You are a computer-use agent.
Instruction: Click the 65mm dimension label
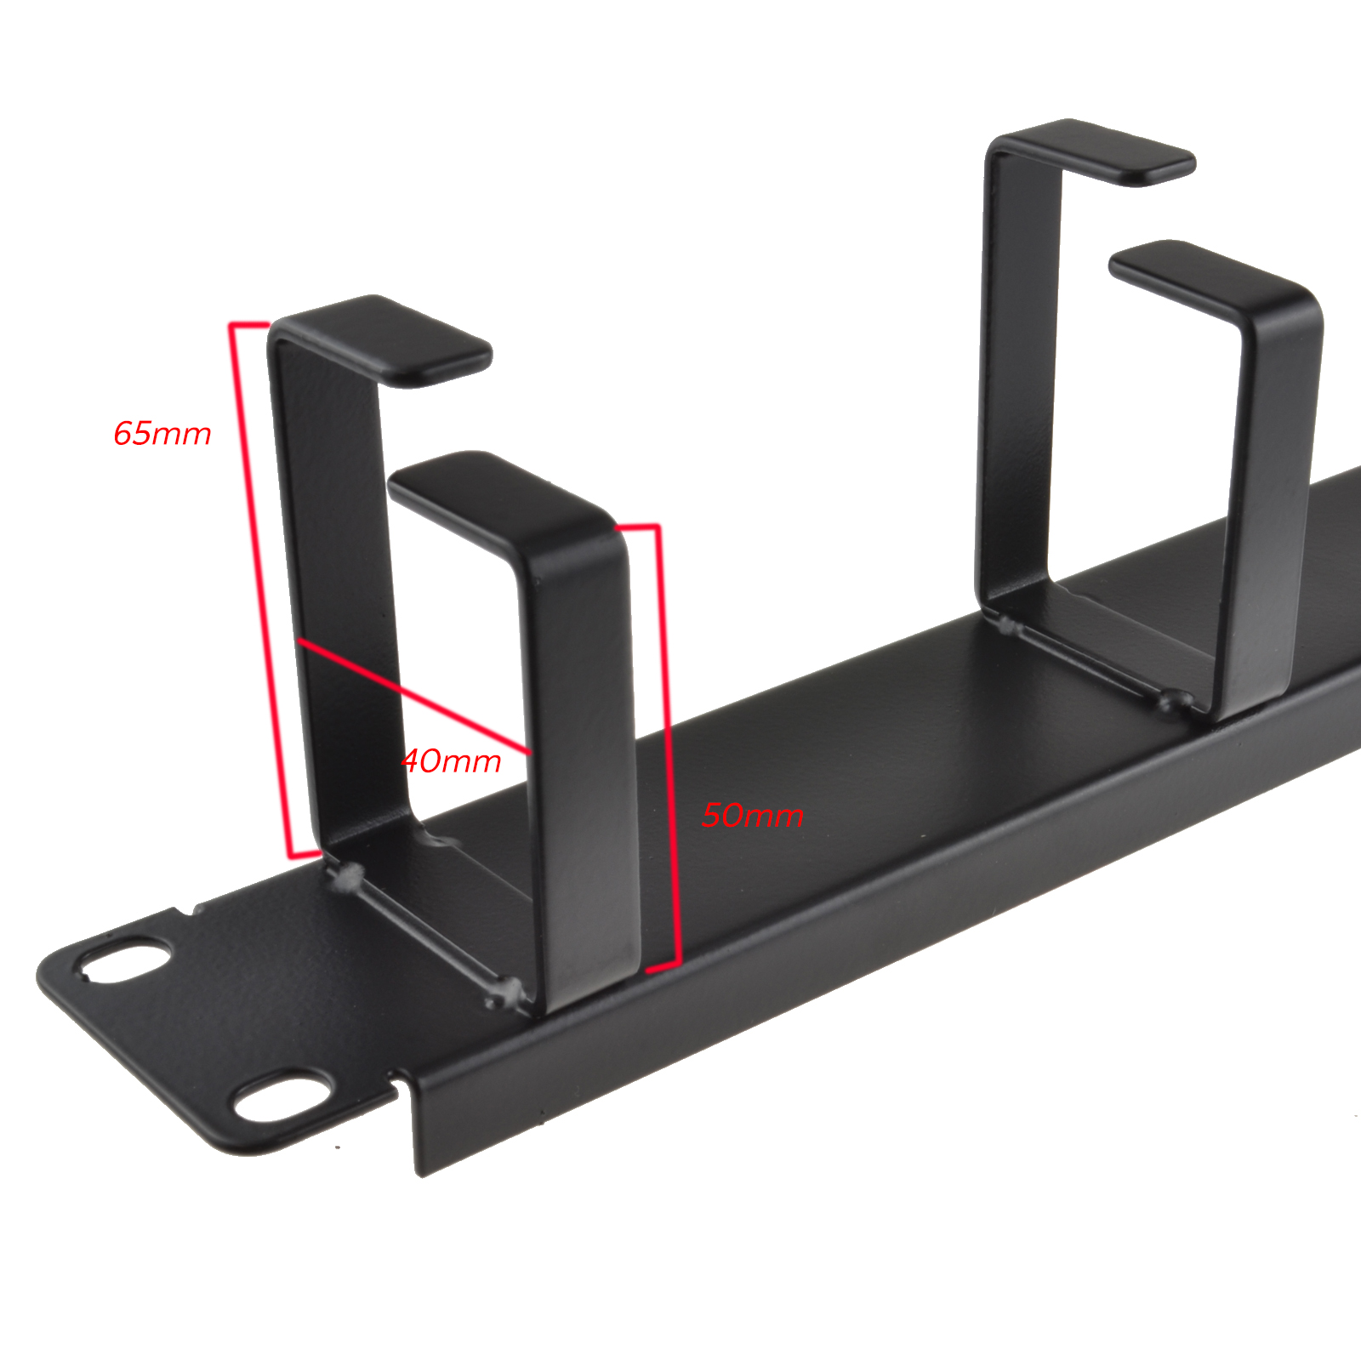tap(162, 434)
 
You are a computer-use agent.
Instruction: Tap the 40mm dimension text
tap(451, 760)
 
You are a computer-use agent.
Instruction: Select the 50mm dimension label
tap(753, 815)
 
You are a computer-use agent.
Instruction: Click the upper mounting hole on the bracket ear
tap(123, 960)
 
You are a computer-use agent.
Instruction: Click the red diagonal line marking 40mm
tap(413, 697)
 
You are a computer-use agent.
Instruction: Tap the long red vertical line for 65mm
tap(261, 589)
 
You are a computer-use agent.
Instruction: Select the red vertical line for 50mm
tap(668, 747)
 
